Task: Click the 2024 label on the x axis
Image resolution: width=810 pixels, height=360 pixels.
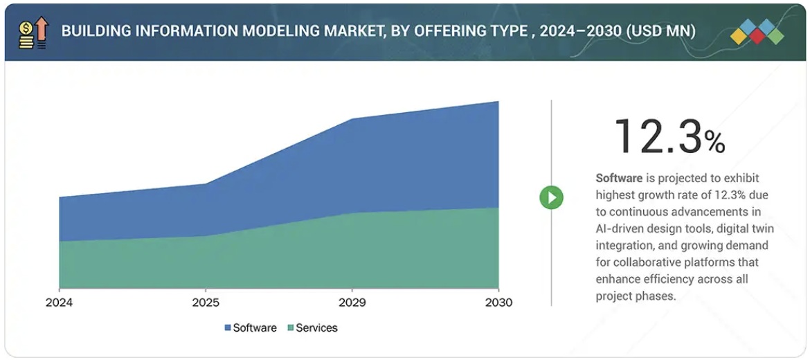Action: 59,303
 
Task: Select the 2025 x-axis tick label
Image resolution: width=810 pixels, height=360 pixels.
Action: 206,303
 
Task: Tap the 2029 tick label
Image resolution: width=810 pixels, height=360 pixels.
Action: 352,303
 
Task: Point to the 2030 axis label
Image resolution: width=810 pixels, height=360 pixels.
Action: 498,303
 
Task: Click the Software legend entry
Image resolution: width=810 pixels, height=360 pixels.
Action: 255,328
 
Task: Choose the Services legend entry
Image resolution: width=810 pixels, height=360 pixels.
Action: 316,328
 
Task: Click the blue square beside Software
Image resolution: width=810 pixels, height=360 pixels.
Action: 228,328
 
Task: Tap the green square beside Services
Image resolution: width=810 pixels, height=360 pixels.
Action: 291,328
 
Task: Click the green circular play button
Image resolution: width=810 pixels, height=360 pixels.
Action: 552,197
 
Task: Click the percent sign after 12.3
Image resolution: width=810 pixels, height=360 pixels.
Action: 714,143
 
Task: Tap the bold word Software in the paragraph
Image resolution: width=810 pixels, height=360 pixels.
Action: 619,178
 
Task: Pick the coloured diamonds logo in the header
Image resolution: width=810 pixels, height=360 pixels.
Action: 757,31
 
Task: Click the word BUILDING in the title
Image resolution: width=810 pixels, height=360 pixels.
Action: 91,32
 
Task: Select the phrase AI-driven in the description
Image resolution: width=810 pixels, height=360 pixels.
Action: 620,228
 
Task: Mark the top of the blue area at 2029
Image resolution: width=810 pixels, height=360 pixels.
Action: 352,119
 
